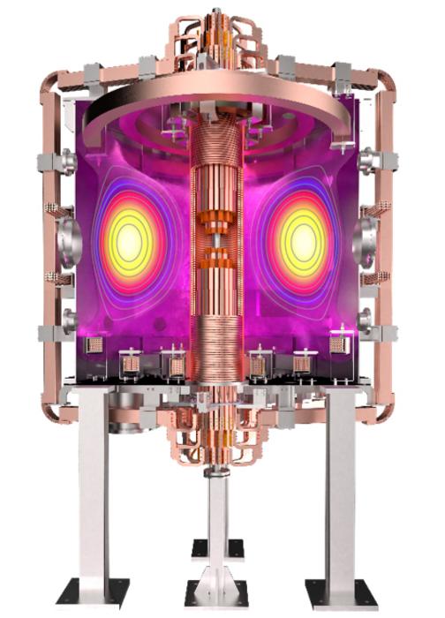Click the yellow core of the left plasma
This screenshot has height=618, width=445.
130,239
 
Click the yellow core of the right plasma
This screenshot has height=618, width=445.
303,239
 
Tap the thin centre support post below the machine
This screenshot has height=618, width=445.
216,521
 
